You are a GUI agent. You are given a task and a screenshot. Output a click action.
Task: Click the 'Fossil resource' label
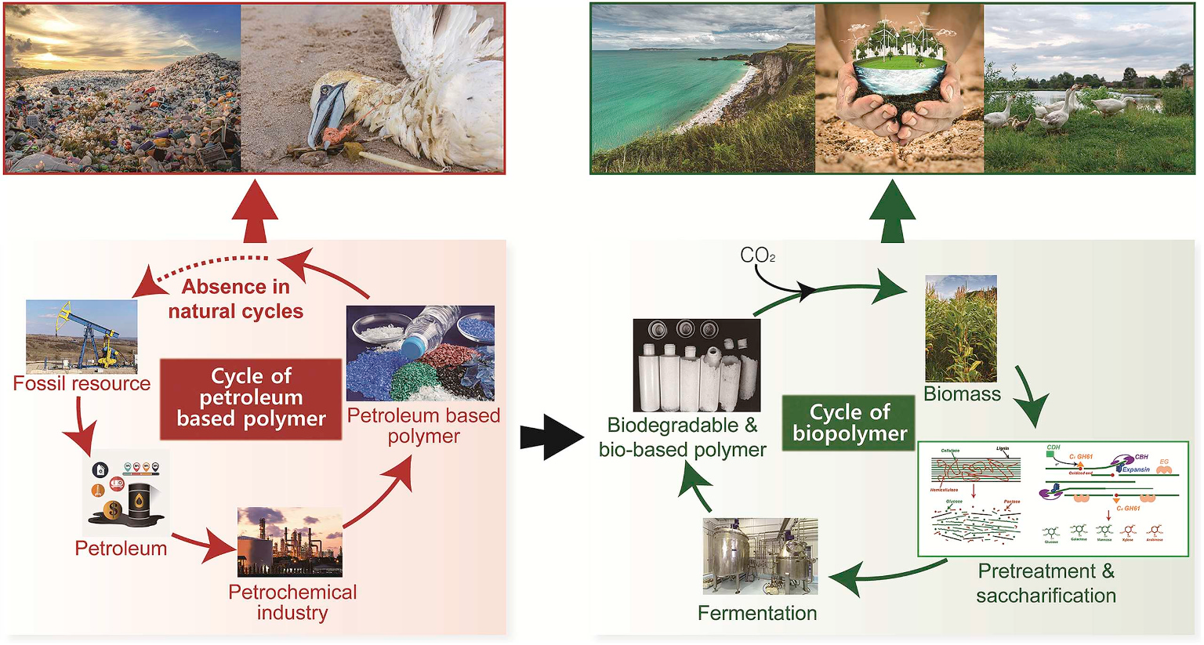[x=82, y=383]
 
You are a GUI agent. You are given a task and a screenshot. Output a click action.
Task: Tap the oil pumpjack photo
[x=82, y=336]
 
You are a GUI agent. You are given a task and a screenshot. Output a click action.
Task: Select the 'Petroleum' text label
[x=121, y=548]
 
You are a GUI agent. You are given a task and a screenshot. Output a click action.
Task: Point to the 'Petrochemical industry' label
[x=292, y=602]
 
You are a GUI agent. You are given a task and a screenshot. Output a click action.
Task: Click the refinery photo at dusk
[x=289, y=542]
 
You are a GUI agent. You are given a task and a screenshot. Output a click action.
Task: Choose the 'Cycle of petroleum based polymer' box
[x=251, y=398]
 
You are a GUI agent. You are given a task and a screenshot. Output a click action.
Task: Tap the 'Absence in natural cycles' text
[x=235, y=299]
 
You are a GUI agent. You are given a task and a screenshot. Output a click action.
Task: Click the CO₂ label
[x=757, y=255]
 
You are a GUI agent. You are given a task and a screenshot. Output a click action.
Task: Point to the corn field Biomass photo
[x=961, y=328]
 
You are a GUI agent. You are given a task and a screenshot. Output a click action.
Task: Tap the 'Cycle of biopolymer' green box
[x=849, y=422]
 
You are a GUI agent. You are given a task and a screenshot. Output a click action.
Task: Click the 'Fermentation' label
[x=757, y=613]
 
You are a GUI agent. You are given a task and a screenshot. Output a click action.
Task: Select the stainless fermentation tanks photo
[x=760, y=556]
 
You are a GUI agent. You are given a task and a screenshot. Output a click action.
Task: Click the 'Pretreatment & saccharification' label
[x=1046, y=583]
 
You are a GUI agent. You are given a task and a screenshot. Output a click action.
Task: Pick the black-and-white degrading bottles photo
[x=696, y=364]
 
